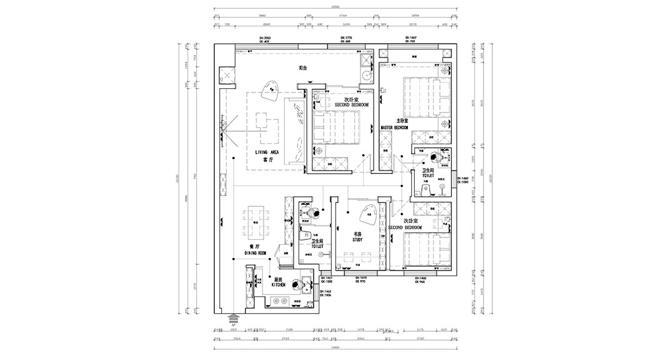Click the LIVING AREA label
click(x=267, y=152)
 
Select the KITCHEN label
click(x=279, y=284)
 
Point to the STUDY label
click(x=357, y=239)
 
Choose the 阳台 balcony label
click(x=302, y=67)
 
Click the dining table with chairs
click(x=256, y=221)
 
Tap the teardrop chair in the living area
click(x=271, y=91)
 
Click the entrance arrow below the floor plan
click(x=233, y=318)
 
